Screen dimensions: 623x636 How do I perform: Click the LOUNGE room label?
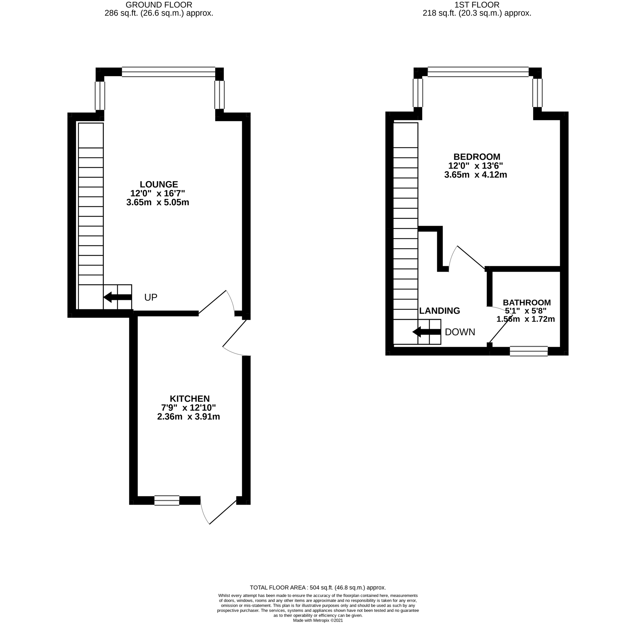tap(158, 184)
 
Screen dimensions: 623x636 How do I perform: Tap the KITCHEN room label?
tap(190, 398)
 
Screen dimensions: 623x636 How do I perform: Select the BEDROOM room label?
tap(477, 156)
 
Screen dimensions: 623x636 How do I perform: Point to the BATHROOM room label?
tap(527, 303)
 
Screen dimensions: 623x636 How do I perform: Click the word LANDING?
tap(439, 311)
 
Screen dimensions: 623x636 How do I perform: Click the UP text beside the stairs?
tap(151, 297)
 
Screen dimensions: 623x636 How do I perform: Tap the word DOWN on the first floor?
tap(460, 332)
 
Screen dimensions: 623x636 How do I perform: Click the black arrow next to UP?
tap(117, 297)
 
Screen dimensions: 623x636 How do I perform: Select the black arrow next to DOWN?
tap(426, 332)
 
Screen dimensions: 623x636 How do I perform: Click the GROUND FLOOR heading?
tap(159, 5)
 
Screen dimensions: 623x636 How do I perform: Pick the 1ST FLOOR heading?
tap(477, 5)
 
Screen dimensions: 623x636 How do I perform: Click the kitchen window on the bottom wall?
tap(167, 500)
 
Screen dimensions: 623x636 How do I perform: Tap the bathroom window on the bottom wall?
tap(529, 351)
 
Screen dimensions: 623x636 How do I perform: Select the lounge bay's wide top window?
tap(169, 72)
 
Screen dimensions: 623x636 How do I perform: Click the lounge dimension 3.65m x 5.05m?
tap(158, 202)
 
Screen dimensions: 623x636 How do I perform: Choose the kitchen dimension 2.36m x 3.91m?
tap(189, 417)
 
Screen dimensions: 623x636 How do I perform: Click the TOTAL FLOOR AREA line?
tap(318, 587)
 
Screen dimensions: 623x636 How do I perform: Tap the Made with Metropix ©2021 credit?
tap(318, 621)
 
